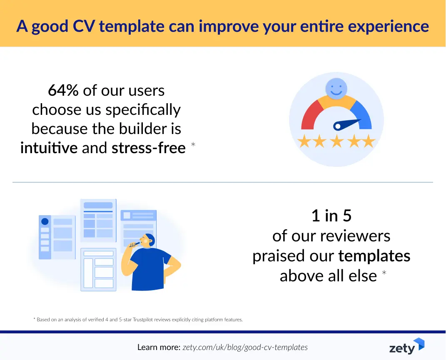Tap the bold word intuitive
pyautogui.click(x=49, y=148)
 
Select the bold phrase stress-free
pyautogui.click(x=148, y=148)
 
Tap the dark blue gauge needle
pyautogui.click(x=346, y=124)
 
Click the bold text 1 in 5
pyautogui.click(x=331, y=216)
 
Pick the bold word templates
pyautogui.click(x=374, y=256)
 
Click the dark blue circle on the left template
pyautogui.click(x=45, y=221)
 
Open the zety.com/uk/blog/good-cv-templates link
pyautogui.click(x=245, y=347)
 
